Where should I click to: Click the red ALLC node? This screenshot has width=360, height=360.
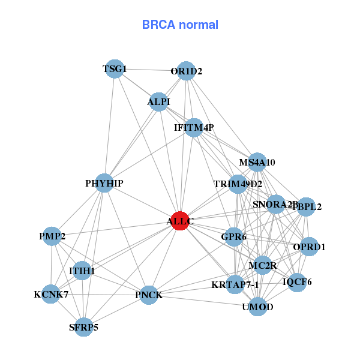[180, 221]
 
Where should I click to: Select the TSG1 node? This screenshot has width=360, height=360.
[115, 70]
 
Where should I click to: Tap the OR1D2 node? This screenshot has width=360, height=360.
[186, 71]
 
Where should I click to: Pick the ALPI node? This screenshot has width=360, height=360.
[159, 101]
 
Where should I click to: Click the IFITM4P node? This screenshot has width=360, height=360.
[193, 127]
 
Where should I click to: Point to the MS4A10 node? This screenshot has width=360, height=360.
[257, 161]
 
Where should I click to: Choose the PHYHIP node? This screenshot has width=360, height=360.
[104, 183]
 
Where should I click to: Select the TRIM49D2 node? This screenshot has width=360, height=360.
[238, 184]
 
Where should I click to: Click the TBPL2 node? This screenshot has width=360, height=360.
[306, 207]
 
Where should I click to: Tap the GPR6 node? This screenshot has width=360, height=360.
[233, 237]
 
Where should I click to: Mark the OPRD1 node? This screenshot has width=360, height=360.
[309, 247]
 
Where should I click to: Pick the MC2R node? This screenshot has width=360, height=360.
[262, 265]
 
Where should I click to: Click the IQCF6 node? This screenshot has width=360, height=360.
[297, 281]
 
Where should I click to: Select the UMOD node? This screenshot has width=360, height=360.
[258, 307]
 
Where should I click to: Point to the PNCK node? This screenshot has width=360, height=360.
[149, 295]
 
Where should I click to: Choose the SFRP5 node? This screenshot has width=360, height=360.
[84, 327]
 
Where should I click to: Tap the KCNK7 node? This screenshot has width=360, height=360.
[51, 294]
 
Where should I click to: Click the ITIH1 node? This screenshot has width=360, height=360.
[82, 271]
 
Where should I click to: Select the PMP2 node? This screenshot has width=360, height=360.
[52, 236]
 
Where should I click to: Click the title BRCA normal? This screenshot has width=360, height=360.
[180, 25]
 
